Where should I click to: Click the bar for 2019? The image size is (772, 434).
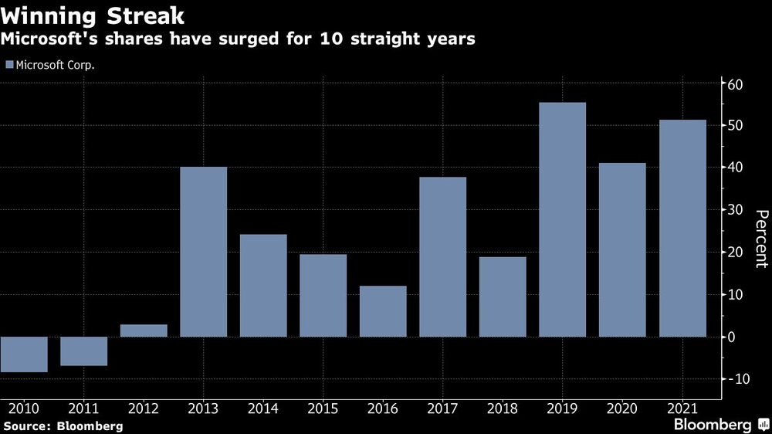pos(562,219)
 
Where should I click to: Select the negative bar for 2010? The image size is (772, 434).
pos(24,354)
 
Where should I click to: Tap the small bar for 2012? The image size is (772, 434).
pos(144,331)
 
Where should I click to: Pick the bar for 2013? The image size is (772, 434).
pos(203,252)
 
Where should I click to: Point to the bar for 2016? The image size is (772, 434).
pos(383,311)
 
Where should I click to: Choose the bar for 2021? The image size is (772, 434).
pos(682,228)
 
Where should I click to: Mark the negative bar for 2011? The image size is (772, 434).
pos(83,351)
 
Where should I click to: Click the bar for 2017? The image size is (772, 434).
pos(442,256)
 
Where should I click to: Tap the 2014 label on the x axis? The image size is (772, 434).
pos(262,407)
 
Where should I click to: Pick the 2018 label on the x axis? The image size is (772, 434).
pos(503,407)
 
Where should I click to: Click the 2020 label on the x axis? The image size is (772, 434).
pos(622,407)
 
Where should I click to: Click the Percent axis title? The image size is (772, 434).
pos(760,239)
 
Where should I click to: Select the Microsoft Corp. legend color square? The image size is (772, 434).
pos(8,65)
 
